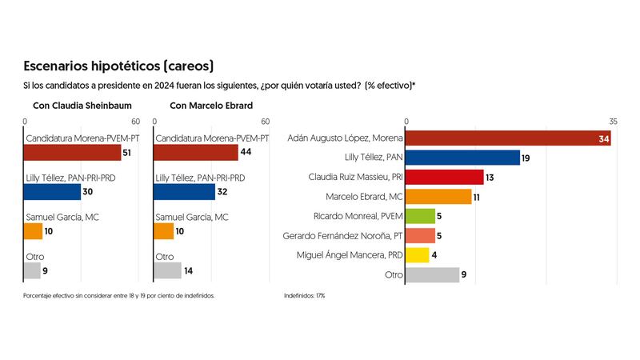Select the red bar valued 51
click(x=73, y=153)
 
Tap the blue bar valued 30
click(x=53, y=192)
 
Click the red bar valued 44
click(x=195, y=153)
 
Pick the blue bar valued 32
click(x=184, y=192)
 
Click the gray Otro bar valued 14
click(x=166, y=270)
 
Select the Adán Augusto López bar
click(x=509, y=138)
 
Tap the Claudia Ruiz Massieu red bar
click(x=445, y=177)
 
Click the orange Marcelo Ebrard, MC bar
click(x=439, y=197)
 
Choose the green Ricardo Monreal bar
click(x=421, y=216)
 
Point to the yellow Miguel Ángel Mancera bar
click(x=418, y=255)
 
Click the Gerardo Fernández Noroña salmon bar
click(x=421, y=235)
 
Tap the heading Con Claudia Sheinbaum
click(x=82, y=106)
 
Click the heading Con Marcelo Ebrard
click(x=211, y=106)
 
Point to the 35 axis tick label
click(x=613, y=122)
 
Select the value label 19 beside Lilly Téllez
click(x=526, y=158)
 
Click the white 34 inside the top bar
click(x=604, y=139)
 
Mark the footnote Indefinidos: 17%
click(x=304, y=295)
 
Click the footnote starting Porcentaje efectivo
click(x=119, y=295)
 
